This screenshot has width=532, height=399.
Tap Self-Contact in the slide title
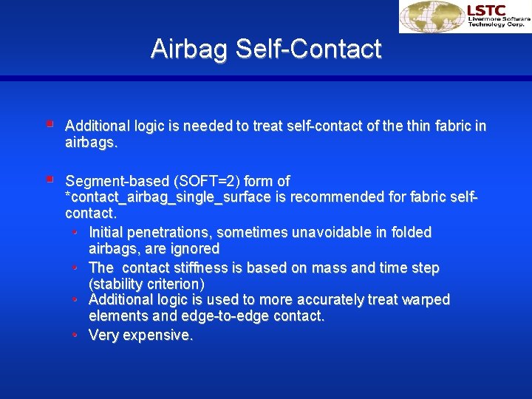pos(309,49)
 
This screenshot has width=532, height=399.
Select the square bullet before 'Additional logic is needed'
pos(49,125)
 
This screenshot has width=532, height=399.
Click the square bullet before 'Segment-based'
pos(49,180)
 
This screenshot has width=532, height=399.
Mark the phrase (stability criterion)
pos(146,284)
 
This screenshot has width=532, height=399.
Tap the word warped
pos(424,299)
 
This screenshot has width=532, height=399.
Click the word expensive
pos(158,335)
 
